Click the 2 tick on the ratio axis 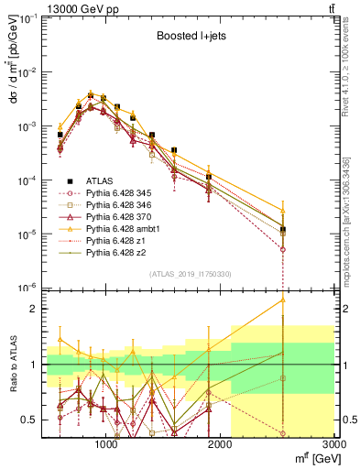pyautogui.click(x=33, y=309)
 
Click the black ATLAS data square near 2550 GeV pyautogui.click(x=283, y=230)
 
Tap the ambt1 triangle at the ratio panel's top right pyautogui.click(x=283, y=300)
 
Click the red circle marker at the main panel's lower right pyautogui.click(x=283, y=249)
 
